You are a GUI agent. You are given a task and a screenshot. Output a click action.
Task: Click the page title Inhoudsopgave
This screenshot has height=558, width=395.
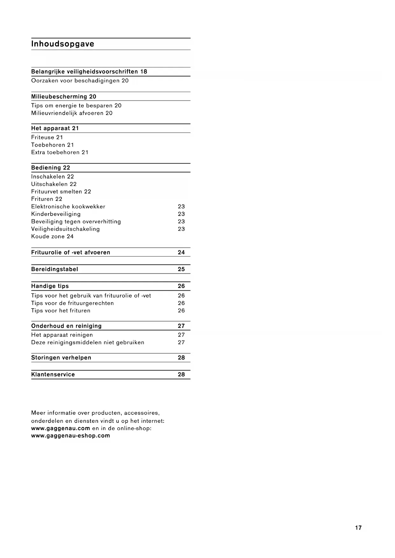(x=63, y=44)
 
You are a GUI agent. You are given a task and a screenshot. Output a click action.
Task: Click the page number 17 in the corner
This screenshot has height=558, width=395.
(x=358, y=528)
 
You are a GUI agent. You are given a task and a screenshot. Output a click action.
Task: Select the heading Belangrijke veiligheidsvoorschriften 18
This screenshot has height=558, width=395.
(x=89, y=72)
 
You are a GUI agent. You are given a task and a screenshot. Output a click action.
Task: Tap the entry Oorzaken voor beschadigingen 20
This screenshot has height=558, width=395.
(x=80, y=80)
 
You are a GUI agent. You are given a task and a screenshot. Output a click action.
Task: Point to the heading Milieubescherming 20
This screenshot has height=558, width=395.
(x=64, y=96)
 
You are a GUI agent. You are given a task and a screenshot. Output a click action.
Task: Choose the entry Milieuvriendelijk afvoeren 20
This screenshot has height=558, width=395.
(x=72, y=113)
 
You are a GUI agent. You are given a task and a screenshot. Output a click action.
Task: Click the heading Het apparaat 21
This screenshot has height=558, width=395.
(x=55, y=128)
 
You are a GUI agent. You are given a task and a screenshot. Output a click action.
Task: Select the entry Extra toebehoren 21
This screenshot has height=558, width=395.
(x=60, y=152)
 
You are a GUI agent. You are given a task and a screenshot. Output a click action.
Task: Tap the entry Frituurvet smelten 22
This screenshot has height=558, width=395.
(x=61, y=192)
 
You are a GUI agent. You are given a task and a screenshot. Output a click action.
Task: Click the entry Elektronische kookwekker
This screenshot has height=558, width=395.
(x=68, y=206)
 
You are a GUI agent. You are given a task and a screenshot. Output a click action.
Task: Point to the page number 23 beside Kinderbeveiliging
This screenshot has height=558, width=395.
(x=181, y=214)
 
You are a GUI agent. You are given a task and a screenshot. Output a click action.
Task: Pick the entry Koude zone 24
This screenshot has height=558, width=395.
(x=52, y=236)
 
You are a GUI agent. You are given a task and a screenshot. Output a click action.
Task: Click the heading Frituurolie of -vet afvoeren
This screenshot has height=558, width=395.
(x=71, y=252)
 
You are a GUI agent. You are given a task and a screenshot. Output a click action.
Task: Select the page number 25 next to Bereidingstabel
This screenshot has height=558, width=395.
(x=181, y=269)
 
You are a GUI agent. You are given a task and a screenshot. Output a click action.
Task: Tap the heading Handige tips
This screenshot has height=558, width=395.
(x=50, y=286)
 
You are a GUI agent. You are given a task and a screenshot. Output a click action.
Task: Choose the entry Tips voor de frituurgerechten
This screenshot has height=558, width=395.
(x=73, y=303)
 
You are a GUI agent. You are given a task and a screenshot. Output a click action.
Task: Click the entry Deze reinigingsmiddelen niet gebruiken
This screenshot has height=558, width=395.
(x=88, y=342)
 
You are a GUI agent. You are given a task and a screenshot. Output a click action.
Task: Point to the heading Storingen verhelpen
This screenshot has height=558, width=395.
(x=61, y=358)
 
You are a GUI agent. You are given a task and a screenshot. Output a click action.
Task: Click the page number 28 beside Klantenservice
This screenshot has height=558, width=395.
(x=181, y=374)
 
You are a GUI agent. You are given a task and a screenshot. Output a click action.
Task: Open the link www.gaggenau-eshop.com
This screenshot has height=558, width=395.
(x=71, y=436)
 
